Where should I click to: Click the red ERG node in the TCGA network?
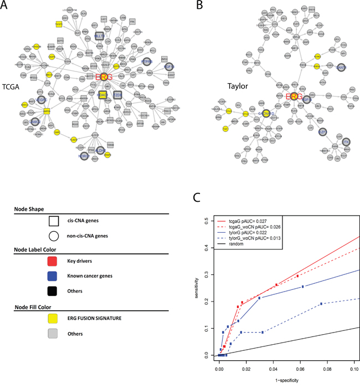pyautogui.click(x=104, y=77)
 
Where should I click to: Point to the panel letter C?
pyautogui.click(x=195, y=197)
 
